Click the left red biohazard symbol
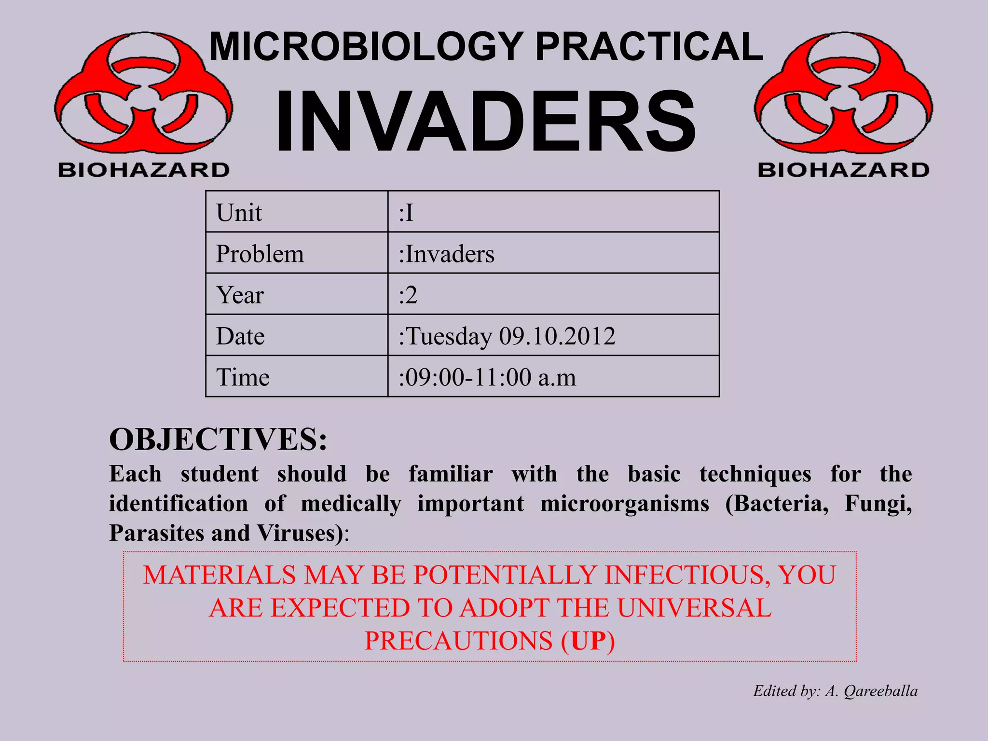(144, 94)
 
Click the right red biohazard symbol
(843, 94)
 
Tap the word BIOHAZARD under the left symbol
(144, 170)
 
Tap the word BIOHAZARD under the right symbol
(843, 170)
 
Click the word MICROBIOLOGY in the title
(366, 47)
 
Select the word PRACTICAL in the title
(649, 47)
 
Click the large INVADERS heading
(485, 122)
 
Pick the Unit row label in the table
(239, 213)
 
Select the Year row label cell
(240, 295)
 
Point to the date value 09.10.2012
(557, 336)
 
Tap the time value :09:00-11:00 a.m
(488, 377)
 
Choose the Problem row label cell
(260, 254)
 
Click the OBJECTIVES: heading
(218, 439)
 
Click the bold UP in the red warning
(588, 641)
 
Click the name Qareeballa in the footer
(880, 691)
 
